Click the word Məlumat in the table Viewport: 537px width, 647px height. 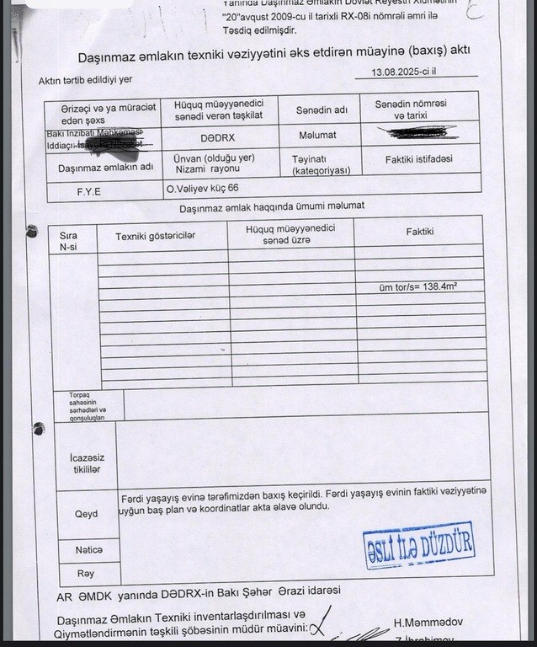point(317,135)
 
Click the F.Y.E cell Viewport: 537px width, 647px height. point(89,191)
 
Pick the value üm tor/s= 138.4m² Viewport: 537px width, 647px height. point(418,286)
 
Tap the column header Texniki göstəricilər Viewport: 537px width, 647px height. point(155,236)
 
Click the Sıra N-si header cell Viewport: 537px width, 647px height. point(68,241)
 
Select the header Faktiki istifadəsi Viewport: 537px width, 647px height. point(418,159)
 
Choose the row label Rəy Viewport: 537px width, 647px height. point(85,573)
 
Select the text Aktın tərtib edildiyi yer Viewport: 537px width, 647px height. point(85,81)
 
